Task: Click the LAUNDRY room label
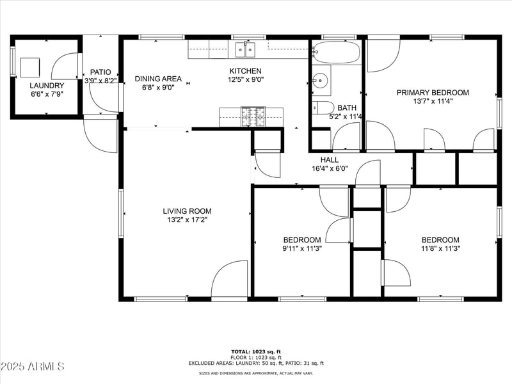point(47,85)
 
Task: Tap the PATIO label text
point(101,72)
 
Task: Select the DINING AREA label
point(158,79)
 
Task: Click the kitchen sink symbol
point(244,49)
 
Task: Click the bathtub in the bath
point(336,52)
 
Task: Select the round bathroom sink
point(320,81)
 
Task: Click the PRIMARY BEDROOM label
point(433,93)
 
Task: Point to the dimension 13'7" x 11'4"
point(433,101)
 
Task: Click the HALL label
point(330,160)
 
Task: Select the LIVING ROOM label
point(187,211)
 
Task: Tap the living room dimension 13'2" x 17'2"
point(187,220)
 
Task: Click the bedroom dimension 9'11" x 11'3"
point(302,248)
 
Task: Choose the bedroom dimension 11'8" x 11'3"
point(440,248)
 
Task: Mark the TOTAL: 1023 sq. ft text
point(256,351)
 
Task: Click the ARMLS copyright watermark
point(33,367)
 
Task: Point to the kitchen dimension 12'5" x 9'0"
point(246,79)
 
